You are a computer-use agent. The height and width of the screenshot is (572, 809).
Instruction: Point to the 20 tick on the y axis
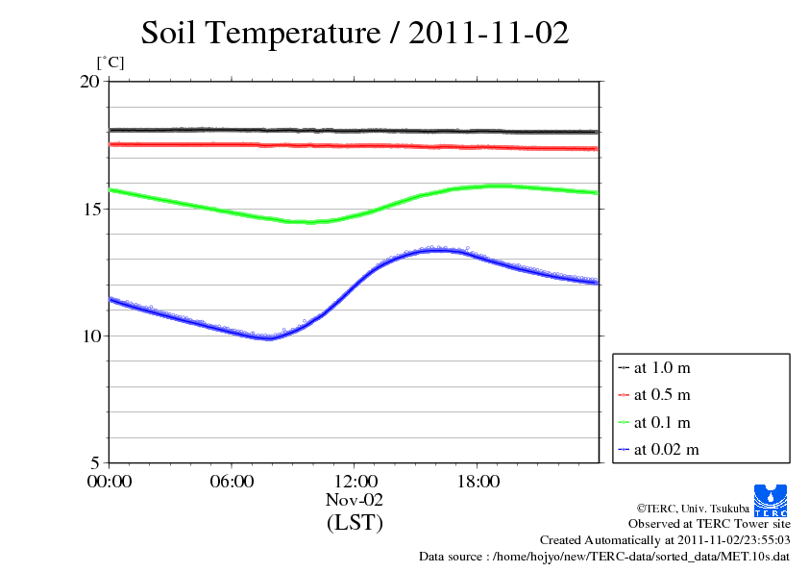(88, 82)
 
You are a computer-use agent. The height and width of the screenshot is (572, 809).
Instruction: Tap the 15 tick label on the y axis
(88, 209)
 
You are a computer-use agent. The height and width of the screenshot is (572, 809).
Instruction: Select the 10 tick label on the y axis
(88, 336)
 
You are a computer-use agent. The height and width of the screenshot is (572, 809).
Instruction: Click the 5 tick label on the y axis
(94, 462)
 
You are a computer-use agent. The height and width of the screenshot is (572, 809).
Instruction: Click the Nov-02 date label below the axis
(355, 500)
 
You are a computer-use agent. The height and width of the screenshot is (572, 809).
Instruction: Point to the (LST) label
(355, 523)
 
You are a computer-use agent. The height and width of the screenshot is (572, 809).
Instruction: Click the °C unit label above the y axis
(111, 63)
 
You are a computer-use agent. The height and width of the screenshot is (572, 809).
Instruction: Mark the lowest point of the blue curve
(268, 337)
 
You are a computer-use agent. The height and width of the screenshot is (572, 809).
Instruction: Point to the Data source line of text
(605, 557)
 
